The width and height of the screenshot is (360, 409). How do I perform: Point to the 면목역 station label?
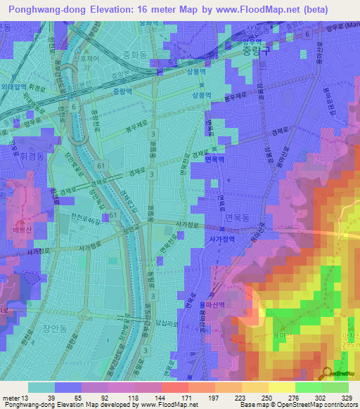click(214, 160)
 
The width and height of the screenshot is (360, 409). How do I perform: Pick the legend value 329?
click(349, 397)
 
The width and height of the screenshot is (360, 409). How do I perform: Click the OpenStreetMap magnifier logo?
click(328, 373)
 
